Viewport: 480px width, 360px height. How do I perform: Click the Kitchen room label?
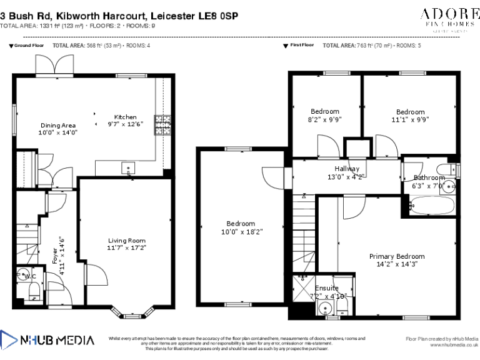(125, 117)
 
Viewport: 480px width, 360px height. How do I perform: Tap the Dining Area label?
(57, 125)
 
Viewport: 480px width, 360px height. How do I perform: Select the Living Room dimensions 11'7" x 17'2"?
(126, 248)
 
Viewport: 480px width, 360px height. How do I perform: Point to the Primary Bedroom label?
(396, 256)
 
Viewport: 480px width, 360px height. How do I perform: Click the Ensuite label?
(327, 288)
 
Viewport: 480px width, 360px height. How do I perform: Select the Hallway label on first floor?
(346, 169)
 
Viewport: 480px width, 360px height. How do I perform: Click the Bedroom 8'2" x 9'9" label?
(325, 112)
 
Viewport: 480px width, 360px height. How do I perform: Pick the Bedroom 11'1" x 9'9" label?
(410, 112)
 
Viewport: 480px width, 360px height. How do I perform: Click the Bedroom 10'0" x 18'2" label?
(241, 224)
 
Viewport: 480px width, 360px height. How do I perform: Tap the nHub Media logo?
(47, 341)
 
